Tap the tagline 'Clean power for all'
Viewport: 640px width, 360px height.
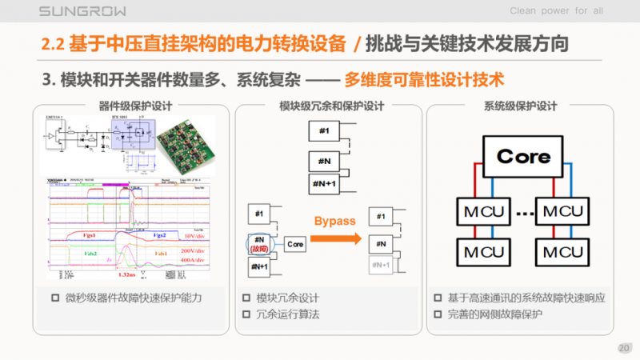click(x=557, y=10)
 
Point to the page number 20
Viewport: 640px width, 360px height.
click(x=624, y=348)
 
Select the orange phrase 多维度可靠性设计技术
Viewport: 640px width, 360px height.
click(x=426, y=80)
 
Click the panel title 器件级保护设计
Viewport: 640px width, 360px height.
click(x=130, y=106)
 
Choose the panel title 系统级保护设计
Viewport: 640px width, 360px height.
click(x=521, y=106)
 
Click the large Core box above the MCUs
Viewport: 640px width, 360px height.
click(x=523, y=156)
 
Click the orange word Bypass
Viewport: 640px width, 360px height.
click(x=334, y=220)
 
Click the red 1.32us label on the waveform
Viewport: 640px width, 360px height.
click(x=126, y=274)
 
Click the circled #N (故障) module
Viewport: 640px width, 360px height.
click(x=258, y=243)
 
